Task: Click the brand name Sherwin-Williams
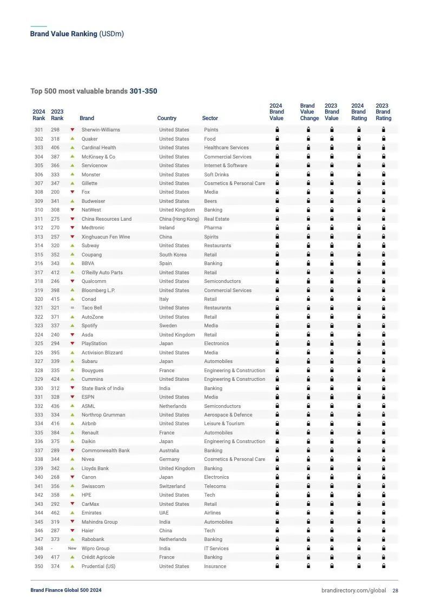(x=101, y=130)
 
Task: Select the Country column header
(x=167, y=118)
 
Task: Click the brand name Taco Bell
(x=92, y=308)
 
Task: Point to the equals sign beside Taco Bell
(x=72, y=308)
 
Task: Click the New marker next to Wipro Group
(x=72, y=549)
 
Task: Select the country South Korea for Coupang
(x=173, y=255)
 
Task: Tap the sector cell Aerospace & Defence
(x=228, y=415)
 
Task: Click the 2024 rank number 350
(x=38, y=566)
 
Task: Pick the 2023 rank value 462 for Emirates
(x=55, y=513)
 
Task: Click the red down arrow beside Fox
(x=72, y=192)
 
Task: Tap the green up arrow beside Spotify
(x=72, y=326)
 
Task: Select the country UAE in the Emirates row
(x=164, y=513)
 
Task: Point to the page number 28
(x=395, y=590)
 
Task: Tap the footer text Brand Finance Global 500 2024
(x=65, y=590)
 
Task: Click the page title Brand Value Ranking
(x=64, y=34)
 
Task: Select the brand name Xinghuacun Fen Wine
(x=105, y=237)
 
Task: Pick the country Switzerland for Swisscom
(x=172, y=486)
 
